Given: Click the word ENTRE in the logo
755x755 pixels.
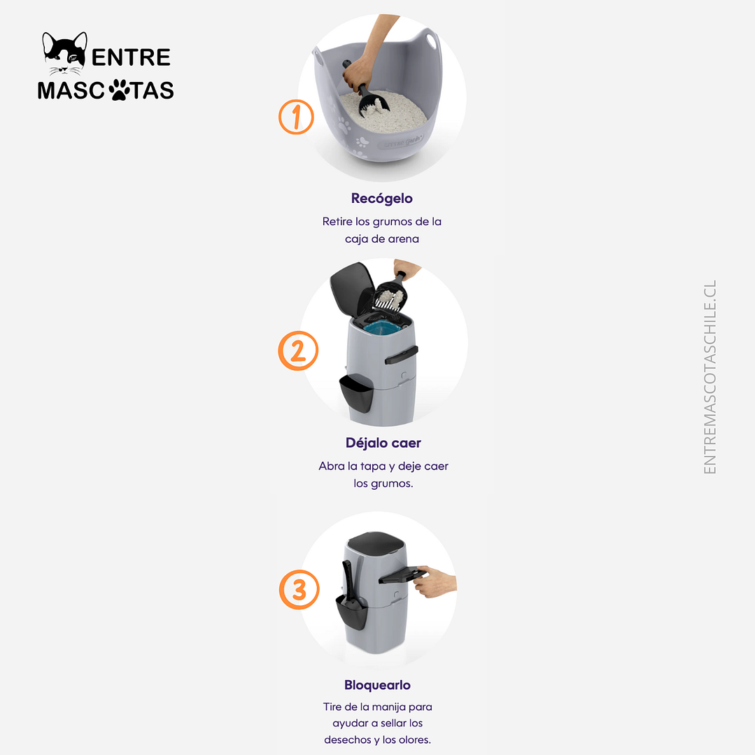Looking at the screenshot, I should (x=131, y=57).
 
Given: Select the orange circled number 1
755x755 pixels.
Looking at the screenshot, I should (x=297, y=117).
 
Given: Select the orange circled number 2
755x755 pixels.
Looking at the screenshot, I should (x=298, y=351).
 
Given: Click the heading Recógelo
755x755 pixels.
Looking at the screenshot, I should (x=382, y=198).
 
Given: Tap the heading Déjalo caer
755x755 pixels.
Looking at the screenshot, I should (x=383, y=443).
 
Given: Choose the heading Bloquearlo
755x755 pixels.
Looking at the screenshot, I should (x=377, y=685).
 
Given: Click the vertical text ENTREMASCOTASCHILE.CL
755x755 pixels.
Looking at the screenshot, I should (x=710, y=377).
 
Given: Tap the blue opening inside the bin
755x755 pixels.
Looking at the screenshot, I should (x=381, y=327).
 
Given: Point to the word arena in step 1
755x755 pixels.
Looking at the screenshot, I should (x=404, y=238).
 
